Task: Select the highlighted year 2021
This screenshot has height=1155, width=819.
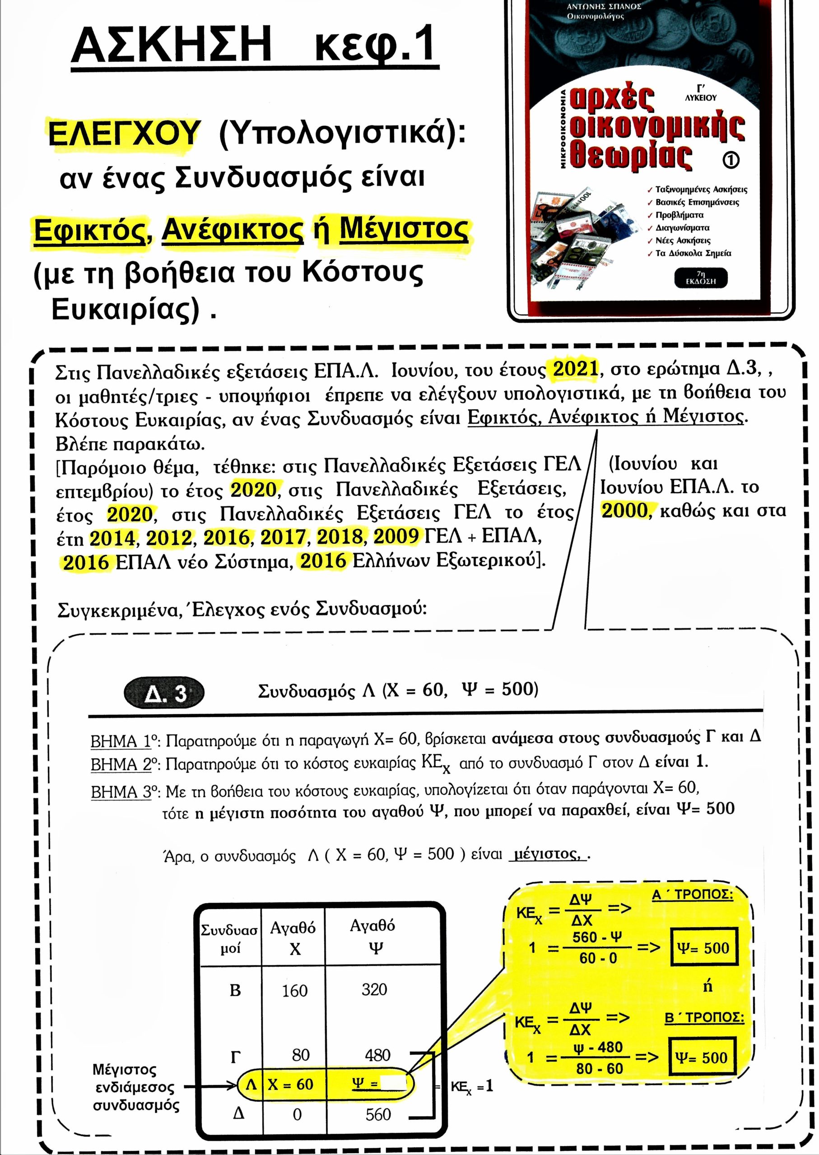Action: click(575, 369)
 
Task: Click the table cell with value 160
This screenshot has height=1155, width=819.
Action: click(294, 991)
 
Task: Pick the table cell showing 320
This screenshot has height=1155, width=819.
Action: click(374, 989)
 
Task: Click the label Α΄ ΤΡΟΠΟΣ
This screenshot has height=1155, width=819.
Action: click(693, 895)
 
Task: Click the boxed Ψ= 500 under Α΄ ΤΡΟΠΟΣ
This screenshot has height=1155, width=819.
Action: click(703, 948)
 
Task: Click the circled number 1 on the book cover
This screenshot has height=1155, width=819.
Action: click(731, 160)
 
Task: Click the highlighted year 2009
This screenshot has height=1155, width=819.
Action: click(396, 537)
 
